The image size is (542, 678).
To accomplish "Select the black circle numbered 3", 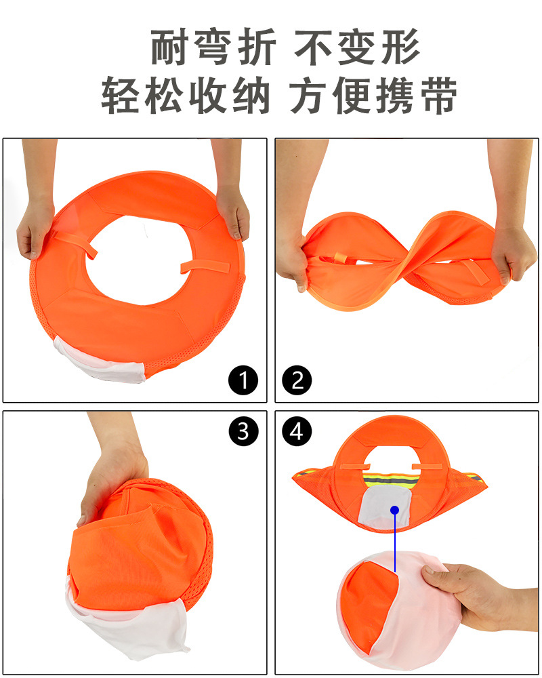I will pos(243,431).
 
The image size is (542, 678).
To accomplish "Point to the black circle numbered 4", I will pos(297,431).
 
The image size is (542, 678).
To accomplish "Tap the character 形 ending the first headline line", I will pos(397,48).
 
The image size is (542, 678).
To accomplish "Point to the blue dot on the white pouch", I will pos(393,509).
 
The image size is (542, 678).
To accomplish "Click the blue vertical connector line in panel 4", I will pos(393,536).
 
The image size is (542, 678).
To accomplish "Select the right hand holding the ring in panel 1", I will pos(234,210).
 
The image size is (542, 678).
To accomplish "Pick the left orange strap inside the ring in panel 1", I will pos(76,244).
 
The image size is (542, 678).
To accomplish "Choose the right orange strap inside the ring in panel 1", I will pos(200,264).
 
